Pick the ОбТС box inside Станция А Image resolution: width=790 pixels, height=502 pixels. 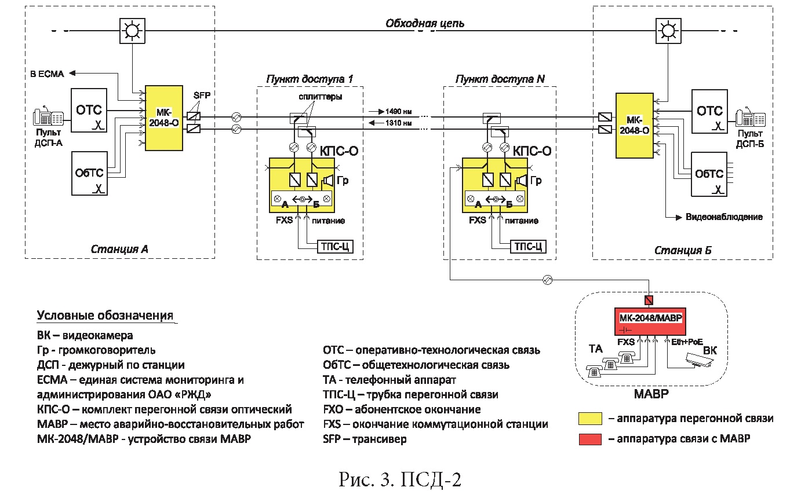pos(89,174)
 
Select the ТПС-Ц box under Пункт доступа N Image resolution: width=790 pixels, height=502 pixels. pos(528,247)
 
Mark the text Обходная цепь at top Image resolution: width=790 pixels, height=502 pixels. pos(425,24)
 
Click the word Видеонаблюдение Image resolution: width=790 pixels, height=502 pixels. pos(724,217)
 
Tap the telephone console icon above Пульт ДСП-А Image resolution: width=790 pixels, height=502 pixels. pos(49,117)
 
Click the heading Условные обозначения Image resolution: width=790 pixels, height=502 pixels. pos(105,316)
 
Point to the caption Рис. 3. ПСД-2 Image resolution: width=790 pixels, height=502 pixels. pos(401,480)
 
